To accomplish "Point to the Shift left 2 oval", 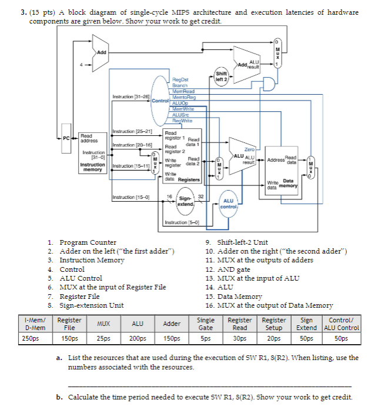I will [x=222, y=78].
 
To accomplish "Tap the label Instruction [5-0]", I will [x=183, y=224].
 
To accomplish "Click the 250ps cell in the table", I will [x=31, y=338].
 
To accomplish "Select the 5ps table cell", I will [x=206, y=338].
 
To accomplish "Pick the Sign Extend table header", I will [x=306, y=324].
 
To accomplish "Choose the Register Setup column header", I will [x=274, y=324].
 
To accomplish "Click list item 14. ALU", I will [x=219, y=287].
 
